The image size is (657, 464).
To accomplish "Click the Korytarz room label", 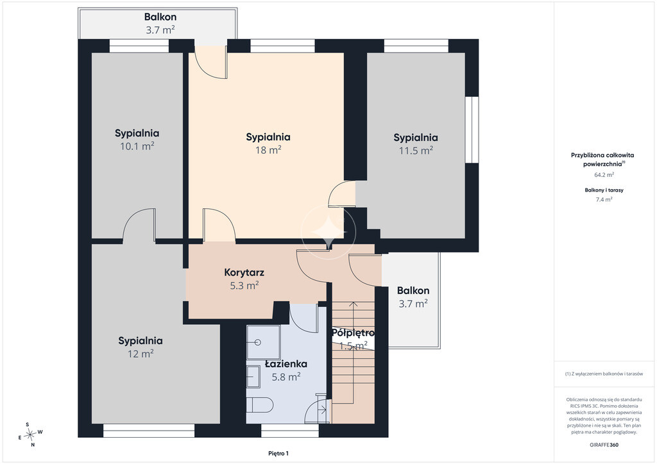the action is [x=244, y=272].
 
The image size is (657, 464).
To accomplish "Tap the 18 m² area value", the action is [x=268, y=150].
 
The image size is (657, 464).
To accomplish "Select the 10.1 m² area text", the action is [x=137, y=146].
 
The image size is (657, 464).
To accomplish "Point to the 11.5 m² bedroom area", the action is [x=416, y=150].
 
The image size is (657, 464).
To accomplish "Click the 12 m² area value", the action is [x=141, y=354].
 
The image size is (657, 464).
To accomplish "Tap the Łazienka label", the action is [x=286, y=363].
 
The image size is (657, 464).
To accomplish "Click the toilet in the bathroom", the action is [x=260, y=405].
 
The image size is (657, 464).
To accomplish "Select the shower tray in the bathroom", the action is [x=263, y=342].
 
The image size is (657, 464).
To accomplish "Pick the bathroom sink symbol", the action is [x=253, y=377].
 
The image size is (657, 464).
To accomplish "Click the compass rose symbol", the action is [x=30, y=435].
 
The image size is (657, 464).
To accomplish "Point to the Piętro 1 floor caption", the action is [x=278, y=453].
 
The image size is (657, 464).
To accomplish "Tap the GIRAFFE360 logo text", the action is [x=604, y=445].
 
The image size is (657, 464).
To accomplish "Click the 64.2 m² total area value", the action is [x=604, y=175].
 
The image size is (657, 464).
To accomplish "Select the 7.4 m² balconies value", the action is [x=604, y=199].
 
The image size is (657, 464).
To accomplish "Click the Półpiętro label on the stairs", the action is [x=353, y=333].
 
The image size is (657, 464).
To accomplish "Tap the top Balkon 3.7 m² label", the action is [x=160, y=23].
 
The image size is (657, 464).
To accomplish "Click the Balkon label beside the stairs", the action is [x=413, y=290].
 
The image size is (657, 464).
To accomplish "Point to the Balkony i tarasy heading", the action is [x=604, y=190].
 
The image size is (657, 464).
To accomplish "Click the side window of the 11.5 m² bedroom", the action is [x=472, y=129].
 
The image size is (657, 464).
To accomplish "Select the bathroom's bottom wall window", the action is [x=291, y=431].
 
